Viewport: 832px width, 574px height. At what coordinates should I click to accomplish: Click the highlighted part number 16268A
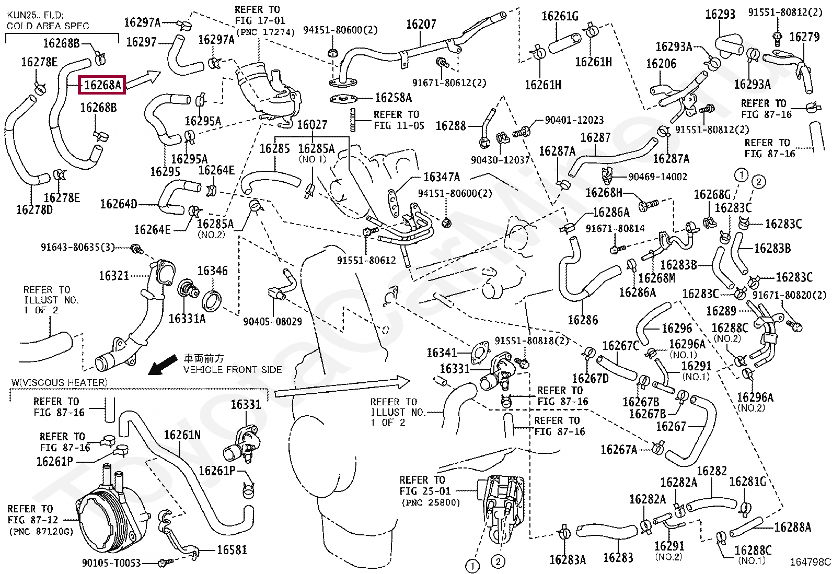[102, 85]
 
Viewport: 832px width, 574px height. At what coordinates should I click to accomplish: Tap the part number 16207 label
[421, 25]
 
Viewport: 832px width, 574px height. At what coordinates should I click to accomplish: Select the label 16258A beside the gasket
[394, 98]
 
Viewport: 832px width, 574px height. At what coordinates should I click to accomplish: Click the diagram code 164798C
[810, 562]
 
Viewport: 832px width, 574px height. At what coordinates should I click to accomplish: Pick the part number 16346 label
[213, 271]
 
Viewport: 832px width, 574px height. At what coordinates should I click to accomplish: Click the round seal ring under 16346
[212, 301]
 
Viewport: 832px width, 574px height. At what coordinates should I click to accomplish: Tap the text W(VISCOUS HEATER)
[60, 382]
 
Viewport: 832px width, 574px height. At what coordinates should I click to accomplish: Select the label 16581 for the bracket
[232, 550]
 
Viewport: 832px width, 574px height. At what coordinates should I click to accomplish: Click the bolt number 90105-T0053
[111, 563]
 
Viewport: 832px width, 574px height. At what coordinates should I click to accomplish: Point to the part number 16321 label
[113, 276]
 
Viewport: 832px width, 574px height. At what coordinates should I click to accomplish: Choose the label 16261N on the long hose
[182, 435]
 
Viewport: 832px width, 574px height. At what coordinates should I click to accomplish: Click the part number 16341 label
[442, 353]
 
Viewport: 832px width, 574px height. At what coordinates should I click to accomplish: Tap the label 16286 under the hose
[583, 320]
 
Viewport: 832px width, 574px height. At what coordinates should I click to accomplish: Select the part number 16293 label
[720, 15]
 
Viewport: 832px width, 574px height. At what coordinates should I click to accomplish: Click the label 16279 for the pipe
[804, 37]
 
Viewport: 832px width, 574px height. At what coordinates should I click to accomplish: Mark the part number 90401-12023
[574, 120]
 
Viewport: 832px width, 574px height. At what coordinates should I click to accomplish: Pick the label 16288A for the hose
[792, 527]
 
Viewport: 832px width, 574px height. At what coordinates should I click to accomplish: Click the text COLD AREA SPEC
[48, 26]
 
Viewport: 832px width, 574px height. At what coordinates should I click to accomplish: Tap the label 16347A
[442, 177]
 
